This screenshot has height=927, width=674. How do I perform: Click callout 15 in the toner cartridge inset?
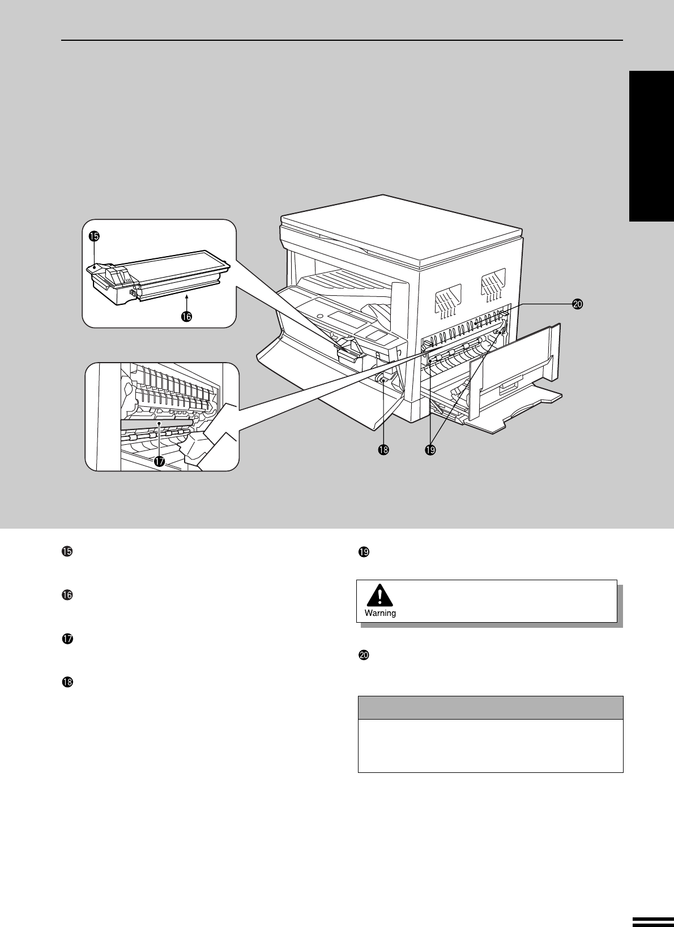click(94, 236)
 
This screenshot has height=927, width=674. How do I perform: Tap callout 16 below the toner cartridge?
click(186, 317)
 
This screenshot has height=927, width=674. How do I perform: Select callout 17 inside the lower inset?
click(159, 461)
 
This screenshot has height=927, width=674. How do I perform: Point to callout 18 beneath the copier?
click(383, 450)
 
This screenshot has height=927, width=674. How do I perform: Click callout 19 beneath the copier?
click(430, 450)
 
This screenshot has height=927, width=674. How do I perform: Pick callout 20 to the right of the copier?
click(578, 304)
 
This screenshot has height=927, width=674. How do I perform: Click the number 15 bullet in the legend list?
click(67, 552)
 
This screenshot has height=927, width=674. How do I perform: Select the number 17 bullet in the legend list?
click(67, 639)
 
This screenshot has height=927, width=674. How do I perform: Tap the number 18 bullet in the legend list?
click(67, 682)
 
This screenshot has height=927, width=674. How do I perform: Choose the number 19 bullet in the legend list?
click(364, 552)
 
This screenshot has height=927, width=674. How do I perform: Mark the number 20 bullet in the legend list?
click(364, 655)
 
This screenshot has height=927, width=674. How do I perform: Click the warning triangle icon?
click(379, 595)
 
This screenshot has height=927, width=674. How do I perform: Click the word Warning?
click(380, 613)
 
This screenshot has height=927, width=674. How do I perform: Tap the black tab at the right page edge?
click(652, 146)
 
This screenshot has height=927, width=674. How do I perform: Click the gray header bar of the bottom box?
click(490, 708)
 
